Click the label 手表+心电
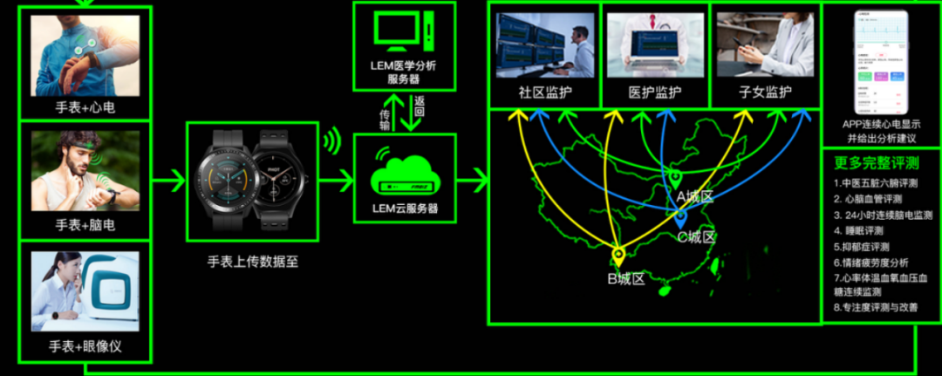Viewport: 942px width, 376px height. point(85,107)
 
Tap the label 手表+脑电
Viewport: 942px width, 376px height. point(85,225)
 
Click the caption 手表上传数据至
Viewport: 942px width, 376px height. point(252,261)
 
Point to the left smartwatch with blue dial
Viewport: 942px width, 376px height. point(229,181)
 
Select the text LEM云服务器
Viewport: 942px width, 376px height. point(404,209)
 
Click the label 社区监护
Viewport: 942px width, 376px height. point(544,92)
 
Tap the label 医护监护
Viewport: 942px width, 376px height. point(655,92)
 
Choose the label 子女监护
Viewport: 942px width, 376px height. point(765,92)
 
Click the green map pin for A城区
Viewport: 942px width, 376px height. point(674,179)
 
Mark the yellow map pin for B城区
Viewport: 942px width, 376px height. point(618,256)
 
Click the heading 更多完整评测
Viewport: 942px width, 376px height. point(870,162)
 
